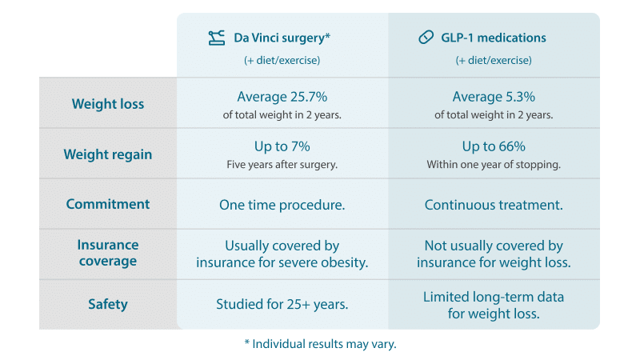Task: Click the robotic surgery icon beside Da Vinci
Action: [216, 38]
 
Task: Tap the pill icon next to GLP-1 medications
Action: [426, 38]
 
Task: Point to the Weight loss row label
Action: [108, 104]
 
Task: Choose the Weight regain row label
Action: [108, 154]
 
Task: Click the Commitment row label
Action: [108, 204]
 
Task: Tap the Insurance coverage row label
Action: [108, 254]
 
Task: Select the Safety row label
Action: [108, 304]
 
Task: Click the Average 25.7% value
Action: [282, 97]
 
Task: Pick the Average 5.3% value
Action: [494, 97]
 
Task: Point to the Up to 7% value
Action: [282, 146]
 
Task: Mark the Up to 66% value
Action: [494, 146]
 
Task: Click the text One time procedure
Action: [282, 205]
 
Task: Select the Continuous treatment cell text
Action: [494, 205]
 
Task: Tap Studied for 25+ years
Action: [282, 304]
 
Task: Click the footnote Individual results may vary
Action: [320, 344]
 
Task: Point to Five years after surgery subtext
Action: [282, 165]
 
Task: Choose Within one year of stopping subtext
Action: [494, 165]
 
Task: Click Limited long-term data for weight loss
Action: [494, 305]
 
